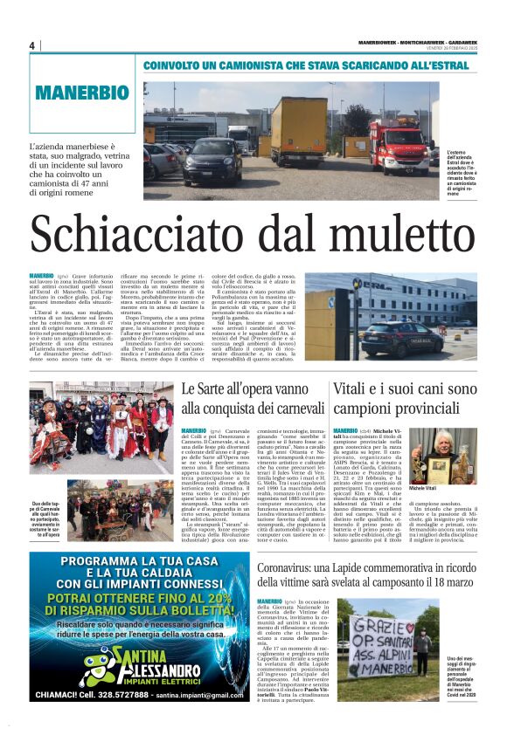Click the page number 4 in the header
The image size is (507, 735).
tap(31, 45)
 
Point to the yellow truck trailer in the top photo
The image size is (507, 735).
tap(298, 130)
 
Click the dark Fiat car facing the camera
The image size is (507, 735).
tap(212, 161)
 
